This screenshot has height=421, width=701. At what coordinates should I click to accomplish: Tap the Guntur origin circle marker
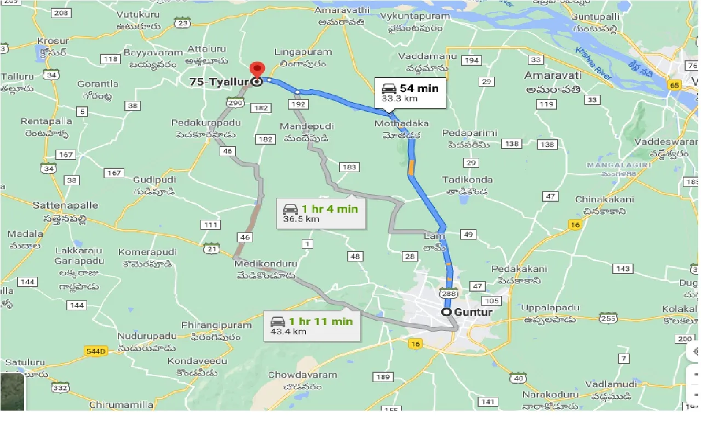click(447, 312)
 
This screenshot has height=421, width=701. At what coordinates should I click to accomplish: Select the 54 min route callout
click(410, 92)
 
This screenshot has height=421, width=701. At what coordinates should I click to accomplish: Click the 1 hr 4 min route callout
click(320, 213)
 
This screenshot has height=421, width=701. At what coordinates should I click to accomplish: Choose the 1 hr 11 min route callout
click(312, 326)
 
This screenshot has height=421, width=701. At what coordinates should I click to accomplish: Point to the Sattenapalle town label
click(65, 206)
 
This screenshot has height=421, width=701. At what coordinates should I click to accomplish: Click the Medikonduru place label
click(265, 264)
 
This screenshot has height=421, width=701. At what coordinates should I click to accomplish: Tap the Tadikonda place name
click(467, 180)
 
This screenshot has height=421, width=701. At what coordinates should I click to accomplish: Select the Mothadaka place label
click(401, 123)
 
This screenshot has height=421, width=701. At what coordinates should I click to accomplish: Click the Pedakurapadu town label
click(206, 122)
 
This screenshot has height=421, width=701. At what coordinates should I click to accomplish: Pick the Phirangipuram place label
click(216, 325)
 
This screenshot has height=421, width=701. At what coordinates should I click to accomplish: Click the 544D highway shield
click(95, 350)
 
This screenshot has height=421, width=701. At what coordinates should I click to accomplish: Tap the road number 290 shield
click(235, 103)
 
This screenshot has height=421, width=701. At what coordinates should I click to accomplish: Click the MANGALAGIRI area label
click(618, 164)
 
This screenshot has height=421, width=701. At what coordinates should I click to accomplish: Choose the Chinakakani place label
click(604, 200)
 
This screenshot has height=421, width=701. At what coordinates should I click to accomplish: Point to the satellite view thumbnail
click(12, 391)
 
